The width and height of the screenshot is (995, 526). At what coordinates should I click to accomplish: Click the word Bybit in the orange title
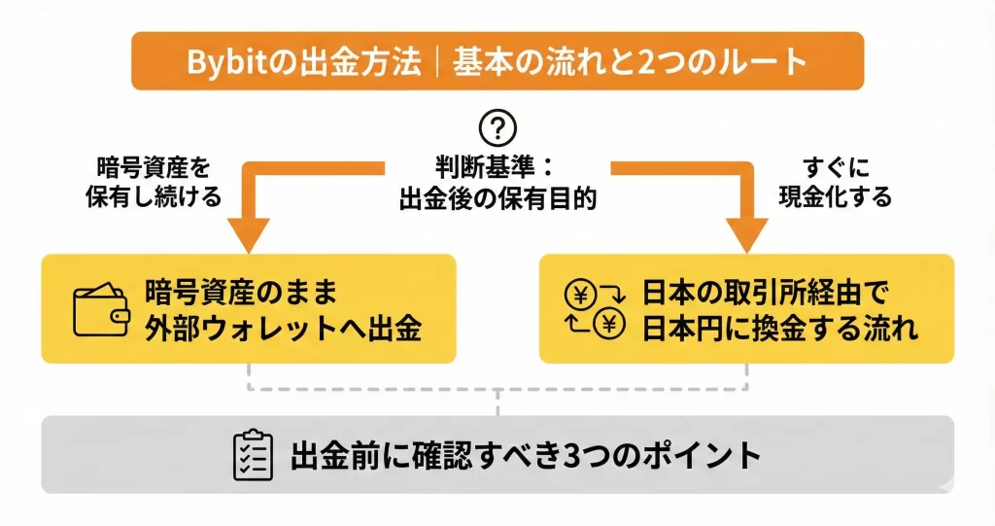(223, 62)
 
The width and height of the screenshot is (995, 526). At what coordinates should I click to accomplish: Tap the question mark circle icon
(498, 128)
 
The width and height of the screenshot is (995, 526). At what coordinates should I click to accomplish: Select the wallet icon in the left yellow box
(101, 309)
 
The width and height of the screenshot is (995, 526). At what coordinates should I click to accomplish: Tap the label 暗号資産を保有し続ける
(154, 180)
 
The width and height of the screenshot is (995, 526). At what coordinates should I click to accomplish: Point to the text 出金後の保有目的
(497, 197)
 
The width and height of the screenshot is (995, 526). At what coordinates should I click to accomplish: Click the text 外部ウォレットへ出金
(283, 328)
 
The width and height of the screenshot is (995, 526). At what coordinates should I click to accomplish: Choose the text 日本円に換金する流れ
(779, 328)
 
